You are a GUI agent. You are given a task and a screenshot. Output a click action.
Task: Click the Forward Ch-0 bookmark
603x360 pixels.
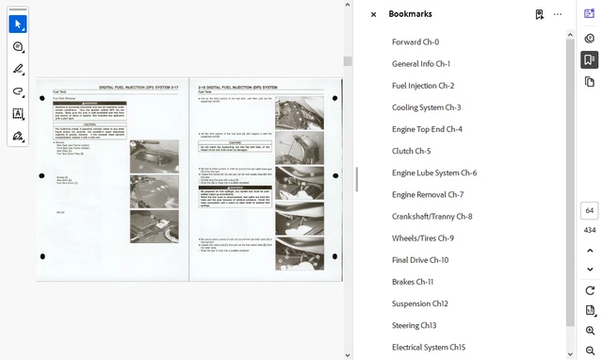pos(416,42)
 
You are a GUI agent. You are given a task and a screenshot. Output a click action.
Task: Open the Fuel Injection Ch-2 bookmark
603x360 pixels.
pos(423,86)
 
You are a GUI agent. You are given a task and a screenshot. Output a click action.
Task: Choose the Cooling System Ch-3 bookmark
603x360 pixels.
pos(426,107)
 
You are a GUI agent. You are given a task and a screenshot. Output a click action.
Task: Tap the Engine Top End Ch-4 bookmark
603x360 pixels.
pos(427,129)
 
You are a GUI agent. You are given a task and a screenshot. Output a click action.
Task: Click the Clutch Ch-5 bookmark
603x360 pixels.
pos(411,151)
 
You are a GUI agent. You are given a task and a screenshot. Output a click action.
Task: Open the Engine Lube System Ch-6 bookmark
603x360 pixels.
pos(434,173)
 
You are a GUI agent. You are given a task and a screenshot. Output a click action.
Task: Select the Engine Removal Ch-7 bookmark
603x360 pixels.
pos(428,195)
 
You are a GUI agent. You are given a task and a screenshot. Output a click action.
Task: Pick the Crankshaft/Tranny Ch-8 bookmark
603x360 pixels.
pos(432,217)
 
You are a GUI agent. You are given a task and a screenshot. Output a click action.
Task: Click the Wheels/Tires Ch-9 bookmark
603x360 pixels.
pos(422,238)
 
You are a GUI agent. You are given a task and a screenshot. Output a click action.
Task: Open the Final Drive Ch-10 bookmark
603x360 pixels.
pos(420,260)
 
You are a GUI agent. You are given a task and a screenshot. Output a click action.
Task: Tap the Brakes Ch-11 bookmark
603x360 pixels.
pos(413,282)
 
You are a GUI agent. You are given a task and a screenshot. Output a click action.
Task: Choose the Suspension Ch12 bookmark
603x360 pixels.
pos(420,303)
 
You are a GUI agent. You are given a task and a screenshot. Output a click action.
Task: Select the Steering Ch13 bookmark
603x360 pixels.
pos(415,325)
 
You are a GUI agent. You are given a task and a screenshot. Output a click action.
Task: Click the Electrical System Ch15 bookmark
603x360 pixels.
pos(429,347)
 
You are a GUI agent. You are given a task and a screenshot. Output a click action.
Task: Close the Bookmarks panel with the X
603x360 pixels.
pos(373,14)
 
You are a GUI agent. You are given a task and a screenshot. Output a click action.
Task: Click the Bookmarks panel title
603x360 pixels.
pos(410,14)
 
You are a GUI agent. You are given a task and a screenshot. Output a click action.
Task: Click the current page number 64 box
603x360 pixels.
pos(589,211)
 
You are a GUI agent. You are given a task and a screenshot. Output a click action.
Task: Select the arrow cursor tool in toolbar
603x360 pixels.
pos(18,24)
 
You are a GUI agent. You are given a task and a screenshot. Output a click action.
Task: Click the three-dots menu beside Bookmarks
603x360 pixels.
pos(558,14)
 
